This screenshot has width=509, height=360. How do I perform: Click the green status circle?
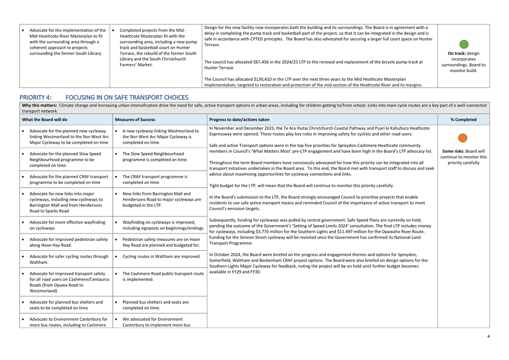pyautogui.click(x=464, y=44)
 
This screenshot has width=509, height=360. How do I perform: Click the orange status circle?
pyautogui.click(x=462, y=138)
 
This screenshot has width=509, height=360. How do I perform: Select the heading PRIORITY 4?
pyautogui.click(x=35, y=98)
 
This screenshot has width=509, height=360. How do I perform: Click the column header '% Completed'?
pyautogui.click(x=463, y=119)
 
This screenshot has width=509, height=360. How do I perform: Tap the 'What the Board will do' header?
pyautogui.click(x=44, y=119)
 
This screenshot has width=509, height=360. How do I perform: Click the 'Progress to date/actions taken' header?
pyautogui.click(x=239, y=119)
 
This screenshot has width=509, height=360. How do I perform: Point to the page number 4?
pyautogui.click(x=488, y=336)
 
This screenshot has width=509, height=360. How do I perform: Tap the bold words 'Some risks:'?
pyautogui.click(x=453, y=151)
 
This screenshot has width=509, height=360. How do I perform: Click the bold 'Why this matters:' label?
pyautogui.click(x=39, y=106)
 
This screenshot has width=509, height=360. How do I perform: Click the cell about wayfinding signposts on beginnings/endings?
pyautogui.click(x=163, y=225)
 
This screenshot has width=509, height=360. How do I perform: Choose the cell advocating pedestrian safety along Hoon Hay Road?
pyautogui.click(x=68, y=242)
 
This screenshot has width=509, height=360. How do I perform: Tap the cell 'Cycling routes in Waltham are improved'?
pyautogui.click(x=161, y=256)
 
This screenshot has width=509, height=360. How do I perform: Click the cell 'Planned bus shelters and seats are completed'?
pyautogui.click(x=155, y=305)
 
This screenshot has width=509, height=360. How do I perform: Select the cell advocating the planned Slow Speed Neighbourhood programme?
pyautogui.click(x=65, y=159)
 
